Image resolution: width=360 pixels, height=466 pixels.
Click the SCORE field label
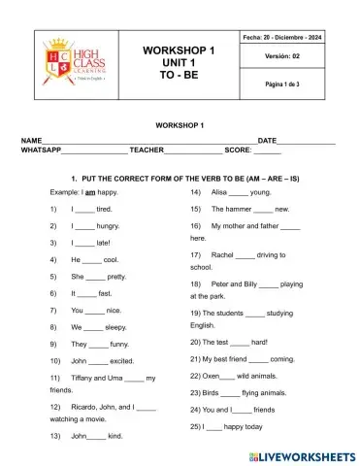tap(238, 150)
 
